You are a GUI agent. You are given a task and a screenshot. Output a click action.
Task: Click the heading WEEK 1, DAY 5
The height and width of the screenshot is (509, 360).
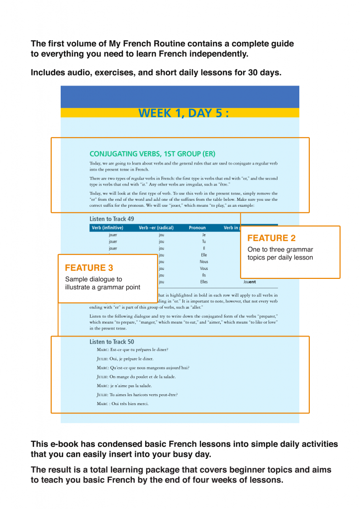coord(183,113)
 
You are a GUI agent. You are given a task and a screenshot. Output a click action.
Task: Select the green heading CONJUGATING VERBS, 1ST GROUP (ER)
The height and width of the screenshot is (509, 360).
coord(152,154)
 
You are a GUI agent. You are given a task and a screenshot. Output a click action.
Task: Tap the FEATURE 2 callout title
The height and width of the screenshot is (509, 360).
coord(271,238)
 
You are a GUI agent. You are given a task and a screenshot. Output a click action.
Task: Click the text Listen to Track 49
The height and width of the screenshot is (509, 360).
coord(111,219)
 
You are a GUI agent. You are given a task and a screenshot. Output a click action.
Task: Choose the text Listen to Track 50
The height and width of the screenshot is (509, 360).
coord(111,341)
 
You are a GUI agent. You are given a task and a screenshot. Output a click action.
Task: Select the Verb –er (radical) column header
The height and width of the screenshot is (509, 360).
coord(156,228)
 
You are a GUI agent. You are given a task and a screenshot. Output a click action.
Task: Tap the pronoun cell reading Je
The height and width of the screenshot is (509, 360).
coord(204,235)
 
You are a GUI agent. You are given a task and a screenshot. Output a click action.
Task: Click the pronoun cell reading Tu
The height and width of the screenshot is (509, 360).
coord(204,242)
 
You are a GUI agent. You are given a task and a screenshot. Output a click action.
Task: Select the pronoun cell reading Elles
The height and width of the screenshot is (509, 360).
coord(204,282)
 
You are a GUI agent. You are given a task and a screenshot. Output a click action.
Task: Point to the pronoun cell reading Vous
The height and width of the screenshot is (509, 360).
coord(204,268)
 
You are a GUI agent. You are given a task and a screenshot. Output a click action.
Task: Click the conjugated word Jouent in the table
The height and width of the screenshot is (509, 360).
coord(249,282)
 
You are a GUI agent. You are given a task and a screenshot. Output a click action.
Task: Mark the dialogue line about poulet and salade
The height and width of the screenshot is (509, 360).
coord(136,377)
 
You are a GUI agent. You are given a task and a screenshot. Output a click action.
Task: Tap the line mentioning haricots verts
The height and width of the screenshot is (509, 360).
coord(137,395)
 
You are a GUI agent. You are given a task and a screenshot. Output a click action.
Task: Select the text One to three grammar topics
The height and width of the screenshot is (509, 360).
coord(280,250)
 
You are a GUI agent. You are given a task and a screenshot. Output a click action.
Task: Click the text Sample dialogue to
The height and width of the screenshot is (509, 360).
coord(93,279)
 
